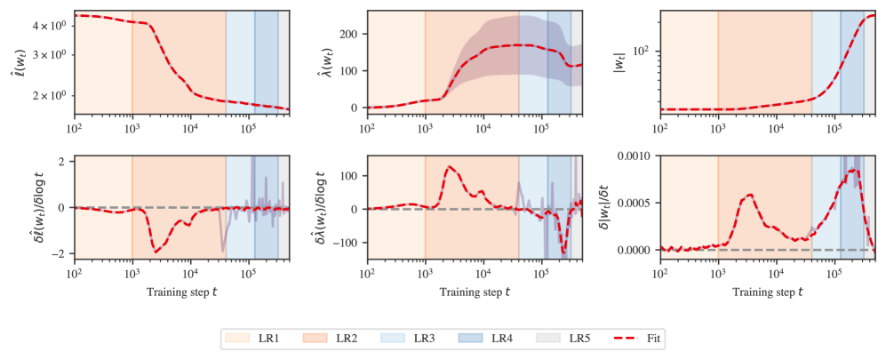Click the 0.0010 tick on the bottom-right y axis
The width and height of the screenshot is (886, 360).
tap(635, 156)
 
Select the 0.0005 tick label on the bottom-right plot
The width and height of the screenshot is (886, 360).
tap(635, 203)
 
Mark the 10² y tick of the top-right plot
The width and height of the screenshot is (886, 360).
tap(644, 51)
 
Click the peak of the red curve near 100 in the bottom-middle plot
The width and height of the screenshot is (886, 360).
tap(449, 166)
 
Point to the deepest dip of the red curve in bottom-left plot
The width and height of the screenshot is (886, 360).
tap(156, 252)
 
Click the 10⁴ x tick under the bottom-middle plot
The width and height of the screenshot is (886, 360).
tap(483, 275)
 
